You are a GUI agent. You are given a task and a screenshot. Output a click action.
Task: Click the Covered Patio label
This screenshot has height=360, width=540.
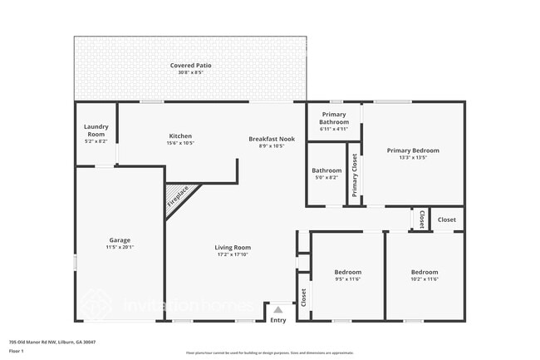tap(190, 65)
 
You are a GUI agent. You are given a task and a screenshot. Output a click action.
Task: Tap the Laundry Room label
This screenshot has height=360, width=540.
tap(96, 131)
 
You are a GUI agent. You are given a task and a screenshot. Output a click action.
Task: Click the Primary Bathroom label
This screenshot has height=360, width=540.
tap(334, 118)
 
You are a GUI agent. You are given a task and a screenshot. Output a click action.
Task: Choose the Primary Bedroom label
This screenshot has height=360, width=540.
tap(413, 150)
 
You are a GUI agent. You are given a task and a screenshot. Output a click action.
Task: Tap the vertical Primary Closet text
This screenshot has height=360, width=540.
tap(354, 175)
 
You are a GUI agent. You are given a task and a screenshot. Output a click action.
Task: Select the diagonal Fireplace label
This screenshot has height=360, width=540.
tap(178, 196)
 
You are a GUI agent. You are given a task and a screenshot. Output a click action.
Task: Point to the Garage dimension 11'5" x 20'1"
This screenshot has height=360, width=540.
tap(120, 247)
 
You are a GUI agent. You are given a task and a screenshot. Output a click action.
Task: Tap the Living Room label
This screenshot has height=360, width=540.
tap(233, 247)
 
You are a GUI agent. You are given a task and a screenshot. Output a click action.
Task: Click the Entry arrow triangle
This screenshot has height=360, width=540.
tap(278, 310)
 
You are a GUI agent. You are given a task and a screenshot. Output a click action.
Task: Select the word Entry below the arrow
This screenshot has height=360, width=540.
tap(278, 320)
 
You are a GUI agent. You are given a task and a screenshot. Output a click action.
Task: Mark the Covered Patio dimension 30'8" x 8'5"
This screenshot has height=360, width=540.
tap(190, 72)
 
